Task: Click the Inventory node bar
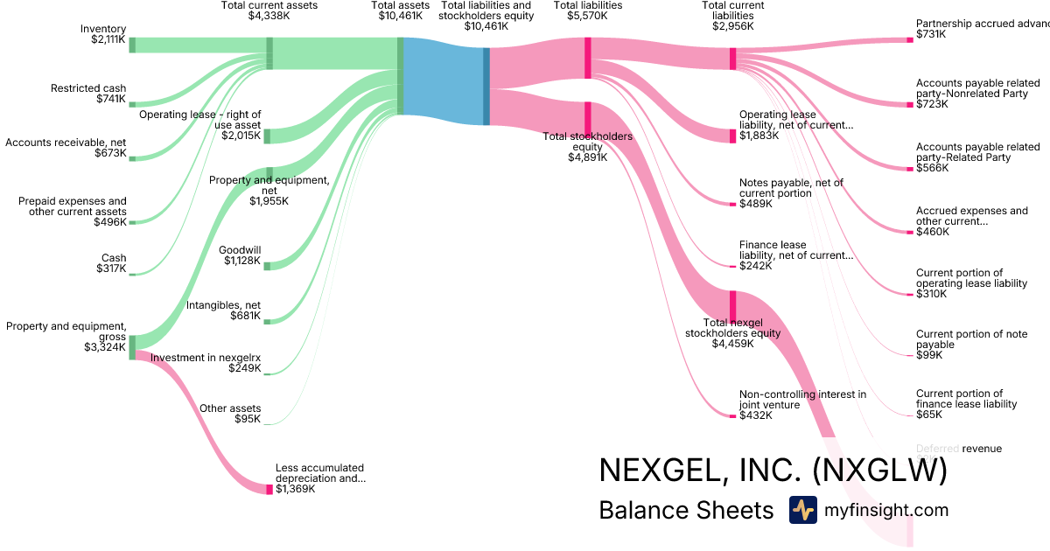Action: [132, 45]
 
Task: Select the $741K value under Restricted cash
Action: [111, 99]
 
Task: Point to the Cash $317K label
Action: [111, 263]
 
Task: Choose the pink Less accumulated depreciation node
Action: [269, 489]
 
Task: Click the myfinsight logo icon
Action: [802, 510]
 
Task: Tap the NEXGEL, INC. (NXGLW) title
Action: [773, 471]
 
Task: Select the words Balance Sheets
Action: [686, 510]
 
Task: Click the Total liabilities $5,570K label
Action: [588, 10]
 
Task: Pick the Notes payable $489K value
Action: [756, 204]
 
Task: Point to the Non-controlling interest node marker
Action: [732, 415]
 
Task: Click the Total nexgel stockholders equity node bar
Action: [733, 306]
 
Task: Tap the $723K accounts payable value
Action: [932, 104]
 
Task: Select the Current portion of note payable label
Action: [960, 339]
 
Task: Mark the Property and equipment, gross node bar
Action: [132, 347]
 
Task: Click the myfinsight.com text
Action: [885, 510]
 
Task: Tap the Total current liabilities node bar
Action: [733, 59]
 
